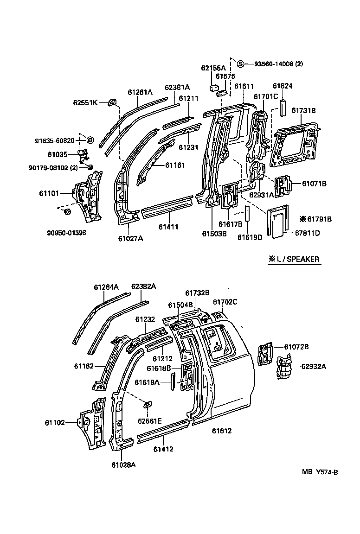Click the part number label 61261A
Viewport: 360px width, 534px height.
pos(140,92)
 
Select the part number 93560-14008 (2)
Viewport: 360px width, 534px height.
pos(278,64)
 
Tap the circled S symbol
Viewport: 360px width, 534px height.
pos(240,64)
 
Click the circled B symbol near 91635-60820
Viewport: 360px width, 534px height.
pos(90,140)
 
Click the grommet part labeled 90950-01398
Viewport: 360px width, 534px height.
pos(66,212)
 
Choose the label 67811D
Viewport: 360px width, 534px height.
pos(308,233)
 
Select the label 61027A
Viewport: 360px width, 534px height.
pos(130,238)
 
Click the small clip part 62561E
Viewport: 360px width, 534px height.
pos(148,405)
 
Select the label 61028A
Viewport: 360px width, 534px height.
pos(123,464)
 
